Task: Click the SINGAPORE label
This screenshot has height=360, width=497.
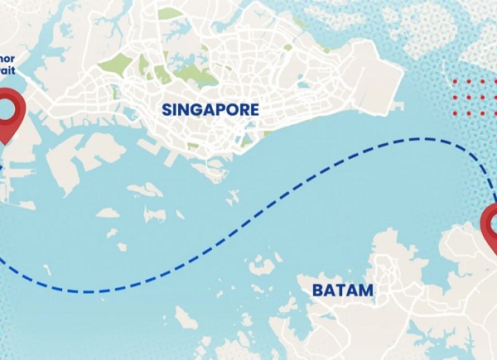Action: click(x=210, y=109)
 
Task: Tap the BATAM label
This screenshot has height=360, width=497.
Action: click(x=342, y=290)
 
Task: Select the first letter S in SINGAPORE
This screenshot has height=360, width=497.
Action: click(x=167, y=109)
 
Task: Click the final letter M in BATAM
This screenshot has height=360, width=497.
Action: click(x=365, y=290)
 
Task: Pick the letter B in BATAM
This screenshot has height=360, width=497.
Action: click(x=318, y=290)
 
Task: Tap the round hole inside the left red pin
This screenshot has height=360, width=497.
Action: click(x=9, y=107)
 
